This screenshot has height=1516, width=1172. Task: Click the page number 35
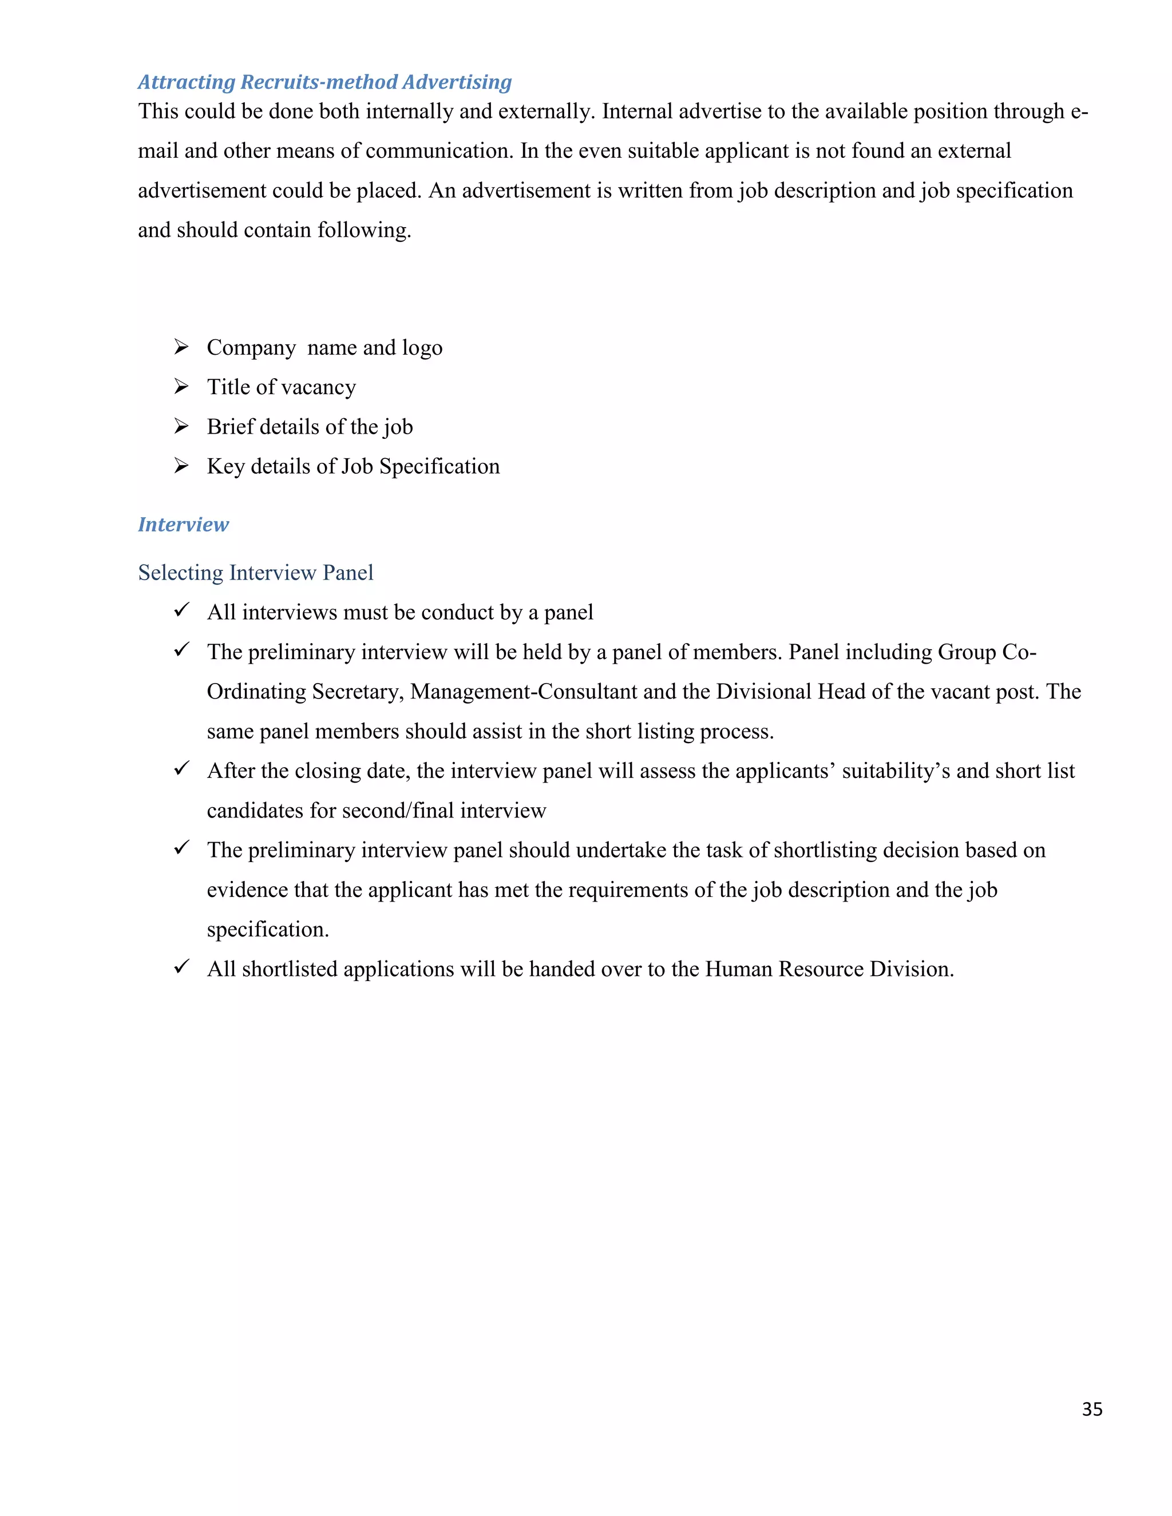(x=1091, y=1408)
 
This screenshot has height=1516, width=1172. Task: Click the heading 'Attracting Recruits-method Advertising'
(x=324, y=82)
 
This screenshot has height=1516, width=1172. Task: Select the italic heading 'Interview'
(x=183, y=524)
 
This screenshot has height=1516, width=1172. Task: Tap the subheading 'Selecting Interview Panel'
(x=255, y=572)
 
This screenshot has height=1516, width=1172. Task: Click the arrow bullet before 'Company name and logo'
(x=181, y=346)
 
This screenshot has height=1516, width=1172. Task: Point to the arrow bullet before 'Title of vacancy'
(x=181, y=386)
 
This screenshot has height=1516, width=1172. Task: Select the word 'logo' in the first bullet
(x=421, y=348)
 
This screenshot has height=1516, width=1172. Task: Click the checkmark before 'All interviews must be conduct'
(x=181, y=610)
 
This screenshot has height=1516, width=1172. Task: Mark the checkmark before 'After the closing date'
(x=181, y=768)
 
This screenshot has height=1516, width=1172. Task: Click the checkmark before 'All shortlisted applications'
(x=181, y=966)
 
